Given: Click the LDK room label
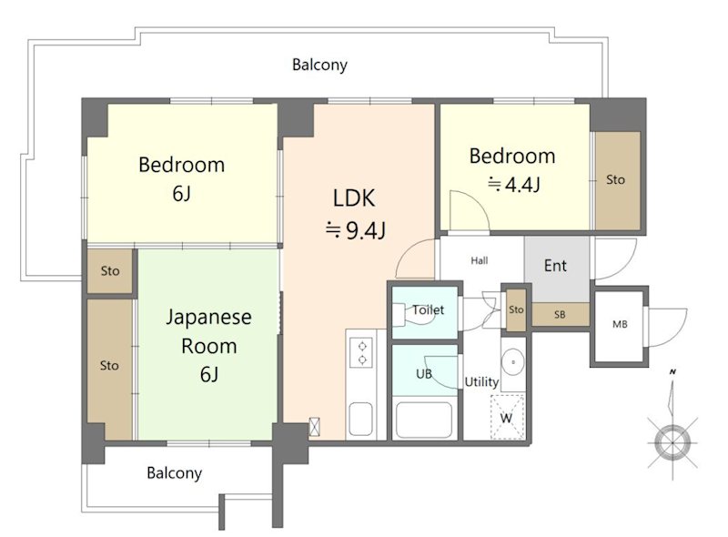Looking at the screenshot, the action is (x=354, y=198).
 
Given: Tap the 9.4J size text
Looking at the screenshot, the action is (x=356, y=230).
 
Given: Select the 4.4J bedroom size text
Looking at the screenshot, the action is (x=513, y=185).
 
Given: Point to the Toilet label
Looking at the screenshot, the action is (x=428, y=309).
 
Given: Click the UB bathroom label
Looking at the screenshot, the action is (x=424, y=373).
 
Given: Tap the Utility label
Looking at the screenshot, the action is (x=482, y=382).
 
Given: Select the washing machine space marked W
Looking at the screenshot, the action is (x=508, y=417).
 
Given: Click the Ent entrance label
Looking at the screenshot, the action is (x=555, y=266).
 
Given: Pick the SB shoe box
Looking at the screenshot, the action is (x=561, y=315).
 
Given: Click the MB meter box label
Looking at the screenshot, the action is (x=620, y=324).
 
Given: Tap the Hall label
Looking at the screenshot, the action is (x=480, y=260).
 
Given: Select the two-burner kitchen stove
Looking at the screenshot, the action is (x=361, y=353).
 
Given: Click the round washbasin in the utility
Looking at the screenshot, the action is (x=513, y=361).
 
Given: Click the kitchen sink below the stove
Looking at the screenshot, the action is (x=360, y=419).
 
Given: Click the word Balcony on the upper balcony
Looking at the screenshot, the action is (x=320, y=65).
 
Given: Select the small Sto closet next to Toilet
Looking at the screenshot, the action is (x=516, y=309).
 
